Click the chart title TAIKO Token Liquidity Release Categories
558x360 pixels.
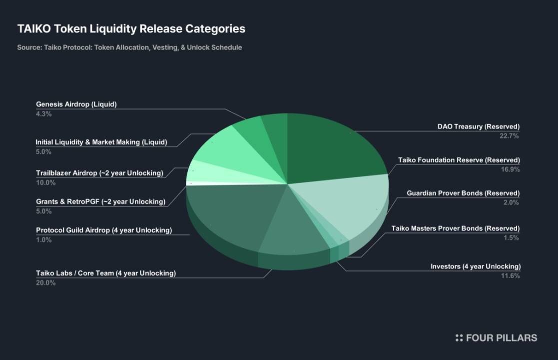[131, 28]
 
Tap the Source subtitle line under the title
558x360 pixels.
[129, 47]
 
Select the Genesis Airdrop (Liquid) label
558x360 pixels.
[76, 104]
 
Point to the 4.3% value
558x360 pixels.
[43, 114]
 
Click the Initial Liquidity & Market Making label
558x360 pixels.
[101, 142]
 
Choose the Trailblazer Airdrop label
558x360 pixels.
[99, 173]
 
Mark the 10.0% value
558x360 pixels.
[45, 182]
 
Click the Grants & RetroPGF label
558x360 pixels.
[100, 201]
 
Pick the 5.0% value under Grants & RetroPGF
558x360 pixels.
[43, 211]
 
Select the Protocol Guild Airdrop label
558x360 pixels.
[104, 230]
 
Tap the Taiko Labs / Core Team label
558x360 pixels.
[106, 273]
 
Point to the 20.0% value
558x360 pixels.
[45, 282]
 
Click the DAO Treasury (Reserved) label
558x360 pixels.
[478, 126]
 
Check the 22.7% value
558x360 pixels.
[510, 136]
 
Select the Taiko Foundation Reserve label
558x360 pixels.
[459, 160]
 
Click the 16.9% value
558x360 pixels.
[510, 169]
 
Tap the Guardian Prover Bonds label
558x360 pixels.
[463, 193]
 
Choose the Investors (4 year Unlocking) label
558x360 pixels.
[475, 266]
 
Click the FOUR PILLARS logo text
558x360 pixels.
[501, 338]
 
